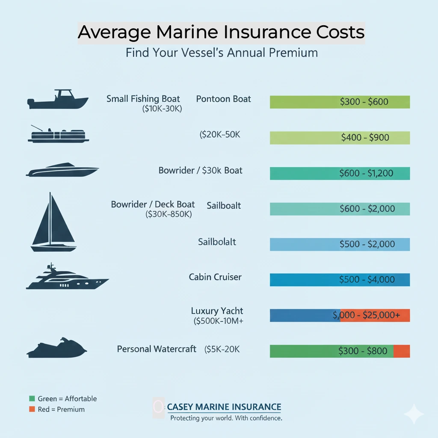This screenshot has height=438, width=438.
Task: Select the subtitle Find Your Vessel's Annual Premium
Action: (222, 53)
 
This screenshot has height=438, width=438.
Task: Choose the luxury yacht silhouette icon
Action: (67, 278)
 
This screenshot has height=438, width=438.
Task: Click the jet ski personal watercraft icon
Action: (57, 347)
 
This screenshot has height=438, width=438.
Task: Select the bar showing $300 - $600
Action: (340, 102)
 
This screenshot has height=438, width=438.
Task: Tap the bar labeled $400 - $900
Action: (340, 137)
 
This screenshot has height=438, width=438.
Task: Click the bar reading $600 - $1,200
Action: (340, 173)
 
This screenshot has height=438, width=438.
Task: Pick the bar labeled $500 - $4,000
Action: (340, 279)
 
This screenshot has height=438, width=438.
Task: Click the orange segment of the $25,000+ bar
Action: (375, 315)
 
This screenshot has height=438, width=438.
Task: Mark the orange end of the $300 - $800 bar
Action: (402, 351)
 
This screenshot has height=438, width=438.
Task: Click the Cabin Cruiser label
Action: (215, 277)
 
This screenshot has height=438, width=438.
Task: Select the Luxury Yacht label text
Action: (217, 311)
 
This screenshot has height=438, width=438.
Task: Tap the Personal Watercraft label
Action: (157, 349)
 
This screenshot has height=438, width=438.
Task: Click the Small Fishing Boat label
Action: (143, 99)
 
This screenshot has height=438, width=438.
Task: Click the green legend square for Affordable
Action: (32, 399)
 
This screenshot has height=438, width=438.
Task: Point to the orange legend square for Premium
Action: (32, 409)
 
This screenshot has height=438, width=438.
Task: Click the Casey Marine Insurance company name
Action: (224, 407)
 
